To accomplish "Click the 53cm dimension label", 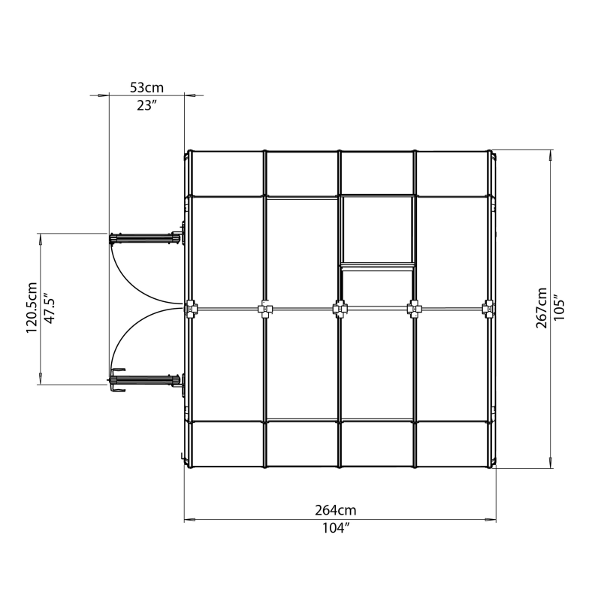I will click(146, 88).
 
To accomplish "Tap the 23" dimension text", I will click(146, 105).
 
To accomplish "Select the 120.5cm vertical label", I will click(32, 308).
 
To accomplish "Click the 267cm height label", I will click(542, 308).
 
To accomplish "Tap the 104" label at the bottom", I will click(340, 528).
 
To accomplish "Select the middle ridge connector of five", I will click(340, 308).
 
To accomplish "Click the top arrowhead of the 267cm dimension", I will click(552, 156).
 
